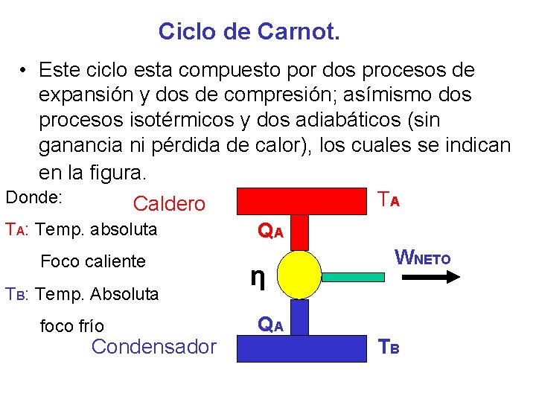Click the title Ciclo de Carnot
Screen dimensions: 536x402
pyautogui.click(x=249, y=31)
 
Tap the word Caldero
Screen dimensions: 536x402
pyautogui.click(x=169, y=204)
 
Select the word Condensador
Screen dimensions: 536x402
pyautogui.click(x=154, y=346)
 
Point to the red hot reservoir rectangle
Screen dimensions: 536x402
pyautogui.click(x=302, y=201)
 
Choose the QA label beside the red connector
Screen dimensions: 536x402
pyautogui.click(x=270, y=231)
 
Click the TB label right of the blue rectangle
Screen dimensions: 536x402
pyautogui.click(x=389, y=346)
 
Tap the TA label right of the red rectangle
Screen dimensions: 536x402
pyautogui.click(x=389, y=200)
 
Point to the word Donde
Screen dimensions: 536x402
pyautogui.click(x=33, y=198)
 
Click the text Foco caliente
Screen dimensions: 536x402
pyautogui.click(x=93, y=261)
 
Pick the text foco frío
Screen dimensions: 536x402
pyautogui.click(x=72, y=326)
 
